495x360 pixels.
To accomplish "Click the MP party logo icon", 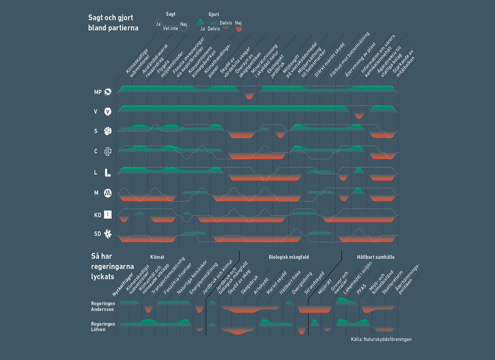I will click(108, 92).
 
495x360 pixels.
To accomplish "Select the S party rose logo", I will click(108, 131).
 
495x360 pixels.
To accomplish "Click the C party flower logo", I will click(108, 151).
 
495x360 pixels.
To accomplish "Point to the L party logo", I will click(108, 172).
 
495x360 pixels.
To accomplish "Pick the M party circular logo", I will click(108, 193).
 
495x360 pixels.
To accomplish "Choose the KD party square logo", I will click(108, 215).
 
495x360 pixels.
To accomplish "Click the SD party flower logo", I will click(108, 234).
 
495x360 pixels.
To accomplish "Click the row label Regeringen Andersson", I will click(103, 306).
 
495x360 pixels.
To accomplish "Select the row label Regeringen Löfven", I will click(103, 327).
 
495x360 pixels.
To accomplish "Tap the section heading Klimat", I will click(157, 257).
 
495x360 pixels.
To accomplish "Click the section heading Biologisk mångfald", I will click(289, 257).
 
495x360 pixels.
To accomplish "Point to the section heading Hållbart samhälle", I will click(375, 257).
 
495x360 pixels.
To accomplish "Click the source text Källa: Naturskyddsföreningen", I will click(381, 339).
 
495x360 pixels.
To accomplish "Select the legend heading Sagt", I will click(171, 14).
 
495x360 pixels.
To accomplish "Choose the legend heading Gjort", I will click(214, 14).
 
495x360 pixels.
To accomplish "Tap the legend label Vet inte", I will click(170, 28).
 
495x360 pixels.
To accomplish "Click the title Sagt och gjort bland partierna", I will click(113, 22).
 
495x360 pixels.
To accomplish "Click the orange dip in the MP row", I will click(249, 96).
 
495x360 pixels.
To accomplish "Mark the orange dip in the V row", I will click(359, 116).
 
